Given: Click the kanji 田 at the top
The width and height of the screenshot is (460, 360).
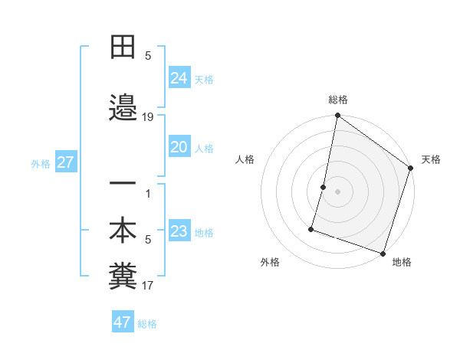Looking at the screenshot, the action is pos(123,48).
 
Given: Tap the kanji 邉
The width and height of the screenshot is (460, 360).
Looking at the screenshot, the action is pos(123,109).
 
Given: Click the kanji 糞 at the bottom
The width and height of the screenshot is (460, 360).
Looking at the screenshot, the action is pos(123,277).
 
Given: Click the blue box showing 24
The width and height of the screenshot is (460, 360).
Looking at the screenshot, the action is pos(179,77).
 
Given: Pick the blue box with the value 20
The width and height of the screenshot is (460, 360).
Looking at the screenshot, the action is pos(179,147).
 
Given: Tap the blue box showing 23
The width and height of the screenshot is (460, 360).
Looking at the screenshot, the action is pos(179,231).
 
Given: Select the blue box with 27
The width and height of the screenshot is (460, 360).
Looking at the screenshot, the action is pos(65,162).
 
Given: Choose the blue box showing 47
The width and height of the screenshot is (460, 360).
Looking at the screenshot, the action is pos(123,322).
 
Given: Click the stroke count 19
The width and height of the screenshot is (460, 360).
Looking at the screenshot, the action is pos(148,117).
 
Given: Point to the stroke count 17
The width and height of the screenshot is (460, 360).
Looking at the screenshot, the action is pos(148,286).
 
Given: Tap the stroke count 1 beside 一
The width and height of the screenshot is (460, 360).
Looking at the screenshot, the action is pos(148,193).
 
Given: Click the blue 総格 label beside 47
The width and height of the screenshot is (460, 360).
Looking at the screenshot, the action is pos(147,324).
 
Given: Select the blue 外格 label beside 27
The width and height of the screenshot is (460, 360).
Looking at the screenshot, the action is pos(41,163).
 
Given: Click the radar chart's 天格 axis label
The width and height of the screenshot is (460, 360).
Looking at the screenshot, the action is pos(431,159).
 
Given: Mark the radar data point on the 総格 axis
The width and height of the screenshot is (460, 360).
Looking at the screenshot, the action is pos(337,116).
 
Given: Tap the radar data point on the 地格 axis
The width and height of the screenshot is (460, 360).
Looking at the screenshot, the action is pos(383,253).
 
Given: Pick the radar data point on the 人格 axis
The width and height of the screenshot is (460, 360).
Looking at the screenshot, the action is pos(324,187).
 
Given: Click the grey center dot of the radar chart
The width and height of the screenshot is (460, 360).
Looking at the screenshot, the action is pos(337,191).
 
